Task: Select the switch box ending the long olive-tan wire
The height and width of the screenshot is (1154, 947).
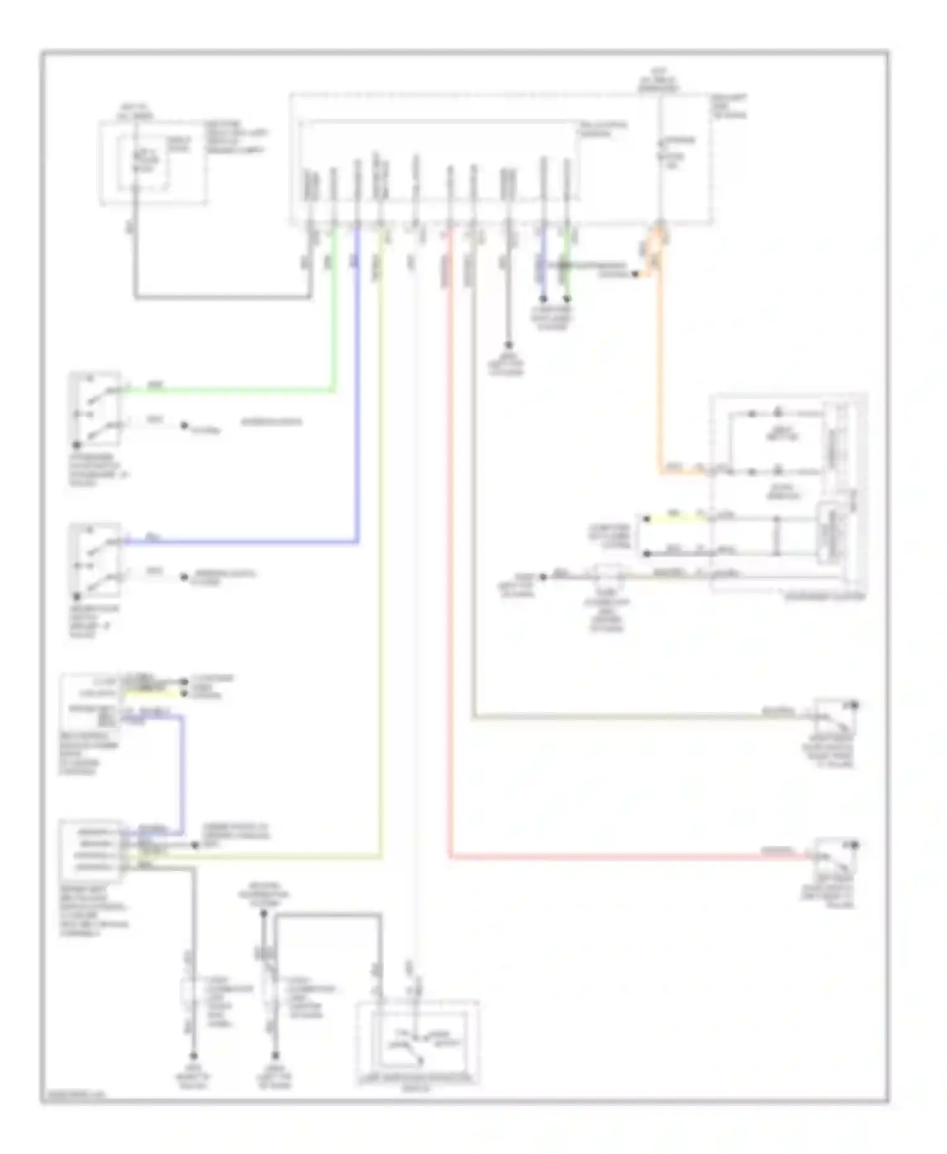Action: pyautogui.click(x=835, y=716)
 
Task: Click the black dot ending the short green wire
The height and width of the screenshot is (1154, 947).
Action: pyautogui.click(x=567, y=298)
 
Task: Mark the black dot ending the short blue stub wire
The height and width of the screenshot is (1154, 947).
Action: pyautogui.click(x=542, y=298)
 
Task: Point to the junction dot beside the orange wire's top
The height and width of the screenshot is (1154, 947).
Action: pyautogui.click(x=636, y=274)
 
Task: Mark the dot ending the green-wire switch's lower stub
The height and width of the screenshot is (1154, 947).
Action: pyautogui.click(x=184, y=425)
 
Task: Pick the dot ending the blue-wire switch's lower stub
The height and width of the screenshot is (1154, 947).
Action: pyautogui.click(x=184, y=577)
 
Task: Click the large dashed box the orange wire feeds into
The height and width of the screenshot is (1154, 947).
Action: pyautogui.click(x=788, y=492)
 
